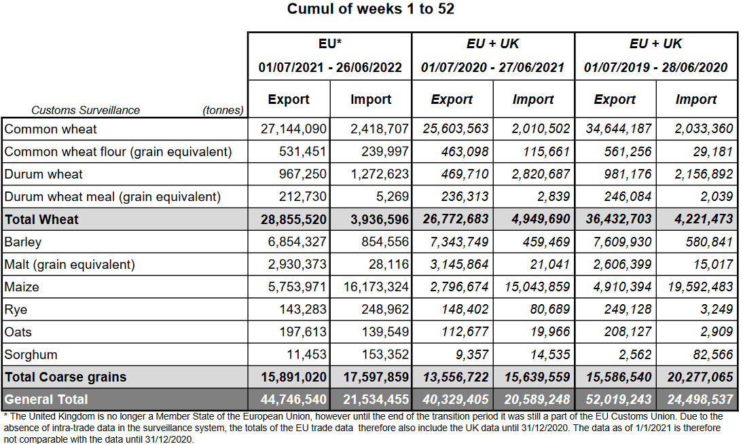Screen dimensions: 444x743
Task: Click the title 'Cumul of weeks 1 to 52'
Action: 371,9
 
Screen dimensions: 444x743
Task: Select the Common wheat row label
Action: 51,129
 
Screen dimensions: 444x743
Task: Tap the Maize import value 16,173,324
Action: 376,287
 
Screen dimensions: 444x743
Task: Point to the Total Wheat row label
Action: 42,219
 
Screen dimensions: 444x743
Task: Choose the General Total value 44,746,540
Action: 293,399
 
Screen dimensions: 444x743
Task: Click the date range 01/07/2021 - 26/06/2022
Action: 330,67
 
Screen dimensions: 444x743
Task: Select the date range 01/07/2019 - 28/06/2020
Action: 655,67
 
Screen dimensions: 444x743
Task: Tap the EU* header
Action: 330,43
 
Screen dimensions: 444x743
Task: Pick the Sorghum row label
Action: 31,354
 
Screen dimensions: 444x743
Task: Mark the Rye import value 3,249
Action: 716,310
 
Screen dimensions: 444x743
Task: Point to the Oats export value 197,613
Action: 299,332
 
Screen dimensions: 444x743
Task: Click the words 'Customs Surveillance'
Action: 86,110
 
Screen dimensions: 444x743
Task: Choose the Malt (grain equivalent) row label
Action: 70,265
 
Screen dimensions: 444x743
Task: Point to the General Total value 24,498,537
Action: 695,399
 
